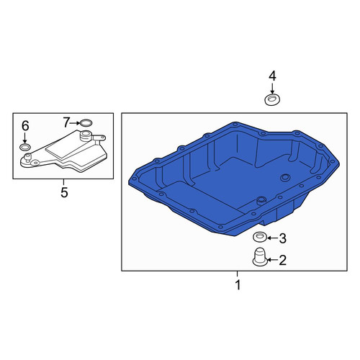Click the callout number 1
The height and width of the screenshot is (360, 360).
(238, 284)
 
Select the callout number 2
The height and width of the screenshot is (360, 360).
(283, 260)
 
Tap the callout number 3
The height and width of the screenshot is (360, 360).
(283, 238)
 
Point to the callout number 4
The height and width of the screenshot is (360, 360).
(272, 76)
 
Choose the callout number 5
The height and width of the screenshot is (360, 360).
(64, 192)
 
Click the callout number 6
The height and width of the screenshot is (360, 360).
(25, 126)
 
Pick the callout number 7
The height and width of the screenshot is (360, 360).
(66, 122)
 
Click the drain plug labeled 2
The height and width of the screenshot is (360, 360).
(259, 257)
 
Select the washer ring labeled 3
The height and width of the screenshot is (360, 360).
(260, 236)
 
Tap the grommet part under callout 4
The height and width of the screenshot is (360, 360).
(272, 99)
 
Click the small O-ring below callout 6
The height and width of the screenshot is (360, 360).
(25, 148)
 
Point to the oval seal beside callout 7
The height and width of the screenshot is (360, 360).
(86, 123)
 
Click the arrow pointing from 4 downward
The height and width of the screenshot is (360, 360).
(272, 89)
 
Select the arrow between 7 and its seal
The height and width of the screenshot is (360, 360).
(75, 123)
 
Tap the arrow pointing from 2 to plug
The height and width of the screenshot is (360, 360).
(273, 260)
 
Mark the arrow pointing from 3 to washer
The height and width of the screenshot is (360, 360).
(273, 238)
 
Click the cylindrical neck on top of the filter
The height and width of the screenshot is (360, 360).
(86, 136)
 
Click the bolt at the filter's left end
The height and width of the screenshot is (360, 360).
(28, 158)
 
